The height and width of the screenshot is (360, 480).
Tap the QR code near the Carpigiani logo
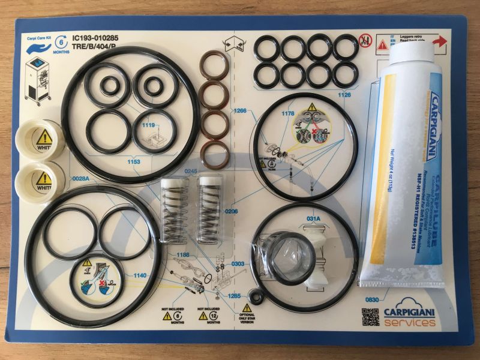[x=370, y=317]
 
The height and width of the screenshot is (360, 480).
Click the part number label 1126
[x=344, y=95]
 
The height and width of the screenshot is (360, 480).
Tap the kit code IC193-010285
[x=95, y=38]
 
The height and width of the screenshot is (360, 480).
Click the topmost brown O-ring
[x=214, y=65]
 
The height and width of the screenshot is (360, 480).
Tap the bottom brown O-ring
[x=214, y=154]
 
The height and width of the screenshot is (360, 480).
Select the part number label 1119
[x=148, y=125]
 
